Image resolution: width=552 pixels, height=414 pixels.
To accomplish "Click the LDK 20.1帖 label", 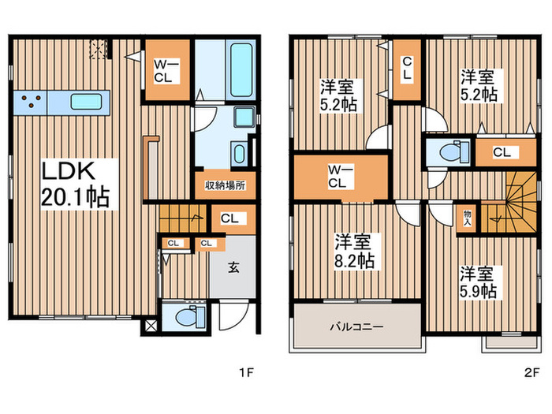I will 76,183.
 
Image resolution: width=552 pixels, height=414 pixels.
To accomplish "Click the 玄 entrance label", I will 233,267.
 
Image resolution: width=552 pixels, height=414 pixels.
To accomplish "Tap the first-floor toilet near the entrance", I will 185,319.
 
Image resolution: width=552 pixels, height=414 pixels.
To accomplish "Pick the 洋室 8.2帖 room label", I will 353,250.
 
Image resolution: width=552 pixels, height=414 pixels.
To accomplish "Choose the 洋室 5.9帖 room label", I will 479,282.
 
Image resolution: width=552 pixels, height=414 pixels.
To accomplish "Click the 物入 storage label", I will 467,217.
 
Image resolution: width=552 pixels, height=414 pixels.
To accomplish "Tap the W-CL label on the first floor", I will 167,71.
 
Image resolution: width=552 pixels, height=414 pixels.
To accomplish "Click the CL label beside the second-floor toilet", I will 501,151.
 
